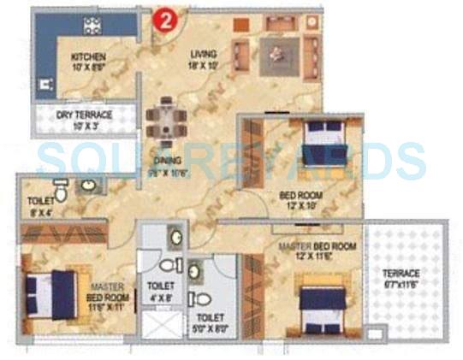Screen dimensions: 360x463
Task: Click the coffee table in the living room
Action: pyautogui.click(x=276, y=53)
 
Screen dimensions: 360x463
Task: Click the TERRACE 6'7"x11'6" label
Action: pyautogui.click(x=400, y=279)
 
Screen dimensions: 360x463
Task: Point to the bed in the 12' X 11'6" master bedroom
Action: pyautogui.click(x=321, y=305)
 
